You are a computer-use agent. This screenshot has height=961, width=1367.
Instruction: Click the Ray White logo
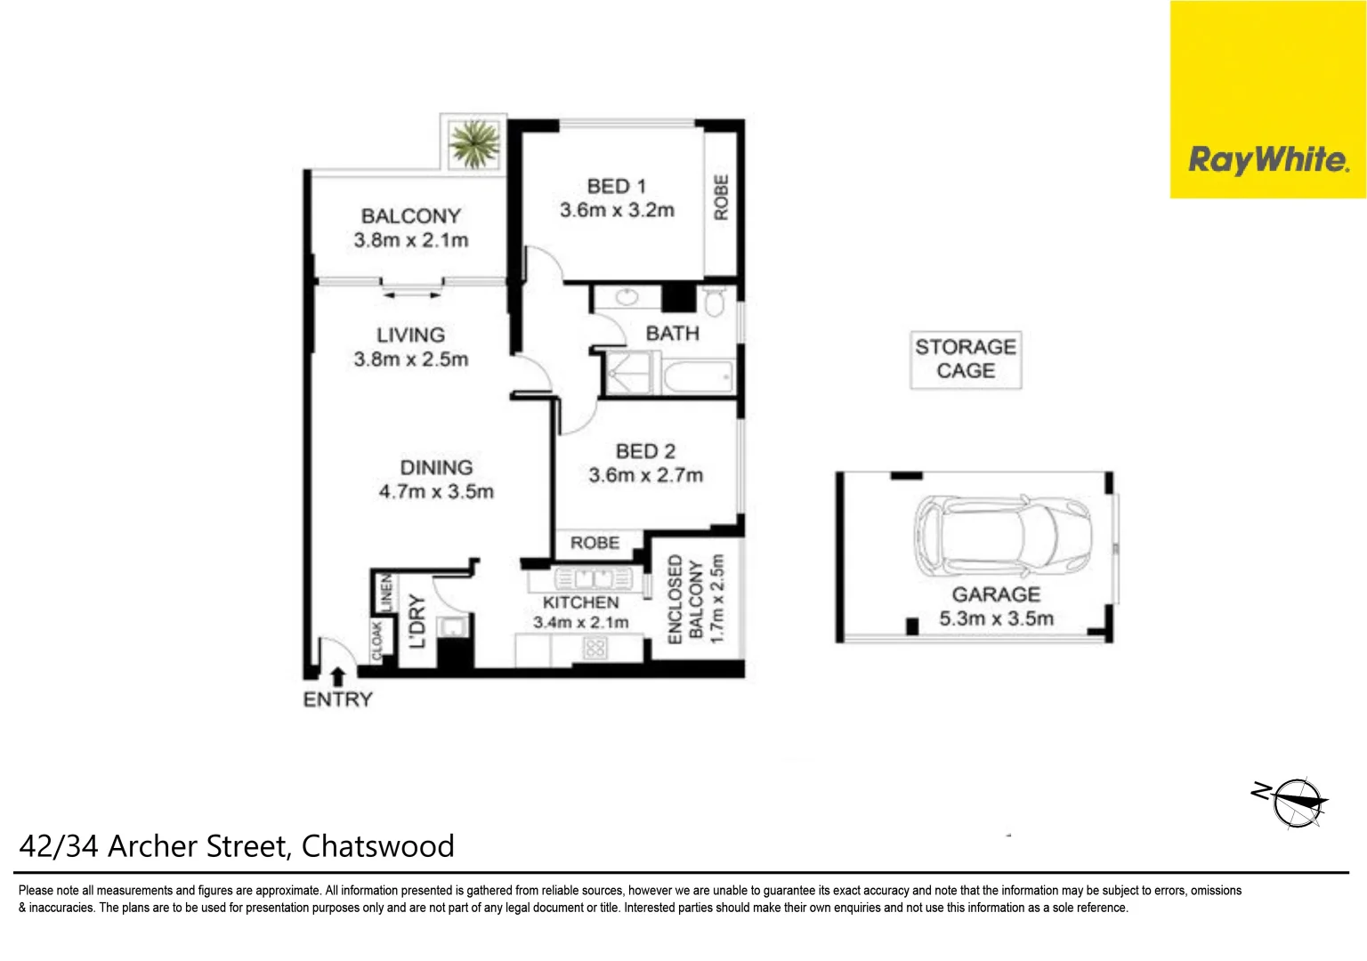pyautogui.click(x=1267, y=160)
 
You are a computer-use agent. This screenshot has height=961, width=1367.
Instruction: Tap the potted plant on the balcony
pyautogui.click(x=473, y=143)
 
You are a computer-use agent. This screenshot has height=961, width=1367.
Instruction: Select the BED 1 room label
pyautogui.click(x=616, y=186)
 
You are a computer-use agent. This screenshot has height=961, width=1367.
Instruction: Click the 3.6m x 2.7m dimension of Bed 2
pyautogui.click(x=645, y=475)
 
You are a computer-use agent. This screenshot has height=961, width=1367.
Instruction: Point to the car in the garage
pyautogui.click(x=1003, y=534)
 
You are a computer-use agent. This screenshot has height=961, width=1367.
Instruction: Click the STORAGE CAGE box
pyautogui.click(x=966, y=359)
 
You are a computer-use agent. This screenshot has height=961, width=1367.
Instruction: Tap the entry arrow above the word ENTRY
pyautogui.click(x=337, y=677)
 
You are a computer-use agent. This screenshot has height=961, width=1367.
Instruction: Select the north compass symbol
pyautogui.click(x=1297, y=802)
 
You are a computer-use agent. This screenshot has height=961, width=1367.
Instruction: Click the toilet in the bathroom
pyautogui.click(x=714, y=300)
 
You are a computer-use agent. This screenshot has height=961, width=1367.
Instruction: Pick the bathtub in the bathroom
pyautogui.click(x=698, y=377)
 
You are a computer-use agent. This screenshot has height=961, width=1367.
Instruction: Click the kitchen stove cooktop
pyautogui.click(x=595, y=648)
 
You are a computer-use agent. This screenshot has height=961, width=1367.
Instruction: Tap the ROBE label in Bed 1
pyautogui.click(x=721, y=198)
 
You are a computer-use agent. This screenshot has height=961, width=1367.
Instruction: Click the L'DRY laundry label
pyautogui.click(x=417, y=621)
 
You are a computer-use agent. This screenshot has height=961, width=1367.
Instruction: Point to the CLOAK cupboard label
pyautogui.click(x=376, y=641)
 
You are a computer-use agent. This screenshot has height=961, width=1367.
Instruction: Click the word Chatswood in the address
pyautogui.click(x=378, y=845)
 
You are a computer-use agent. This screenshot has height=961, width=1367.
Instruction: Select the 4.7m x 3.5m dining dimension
pyautogui.click(x=436, y=491)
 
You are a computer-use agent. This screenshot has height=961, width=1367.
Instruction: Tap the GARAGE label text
pyautogui.click(x=996, y=594)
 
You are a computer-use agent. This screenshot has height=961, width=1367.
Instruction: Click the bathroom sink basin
pyautogui.click(x=627, y=297)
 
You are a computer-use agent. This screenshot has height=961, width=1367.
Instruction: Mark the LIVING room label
pyautogui.click(x=410, y=335)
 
